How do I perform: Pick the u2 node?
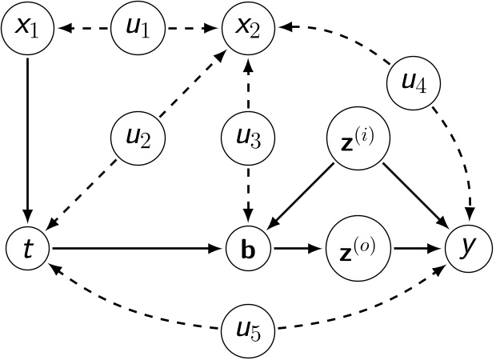[x=138, y=138]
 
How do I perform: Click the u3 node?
[x=248, y=138]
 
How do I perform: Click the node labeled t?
[x=28, y=249]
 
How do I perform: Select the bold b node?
[x=248, y=249]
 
